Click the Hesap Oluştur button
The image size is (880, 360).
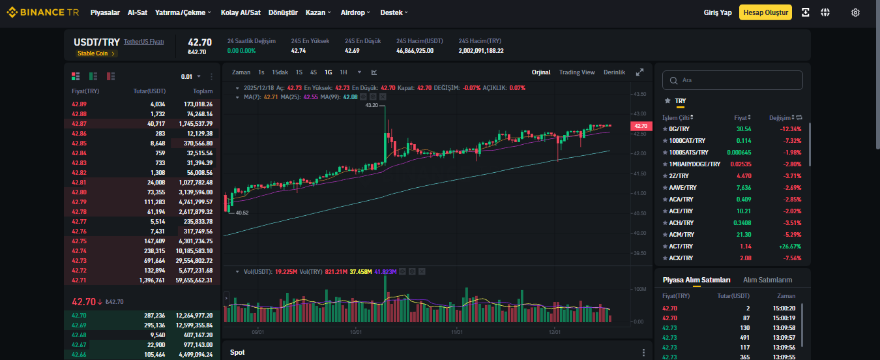point(765,12)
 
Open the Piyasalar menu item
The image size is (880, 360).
point(105,12)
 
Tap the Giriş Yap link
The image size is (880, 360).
point(717,12)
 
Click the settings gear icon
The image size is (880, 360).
point(855,12)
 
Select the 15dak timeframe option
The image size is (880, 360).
point(280,72)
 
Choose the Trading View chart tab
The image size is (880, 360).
point(577,72)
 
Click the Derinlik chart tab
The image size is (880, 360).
point(614,72)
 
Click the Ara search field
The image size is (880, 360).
point(732,80)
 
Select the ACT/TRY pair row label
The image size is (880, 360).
point(681,247)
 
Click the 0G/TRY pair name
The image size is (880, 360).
point(679,129)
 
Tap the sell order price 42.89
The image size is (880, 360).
point(79,104)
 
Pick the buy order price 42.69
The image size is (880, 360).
point(79,325)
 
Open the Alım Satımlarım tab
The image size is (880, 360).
point(767,280)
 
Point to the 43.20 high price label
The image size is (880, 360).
point(372,105)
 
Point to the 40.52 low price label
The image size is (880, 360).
point(242,213)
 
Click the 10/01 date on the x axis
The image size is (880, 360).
point(355,332)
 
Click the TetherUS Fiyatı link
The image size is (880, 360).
point(144,42)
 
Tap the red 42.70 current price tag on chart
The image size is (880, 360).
point(641,126)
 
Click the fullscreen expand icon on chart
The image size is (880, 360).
point(640,72)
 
